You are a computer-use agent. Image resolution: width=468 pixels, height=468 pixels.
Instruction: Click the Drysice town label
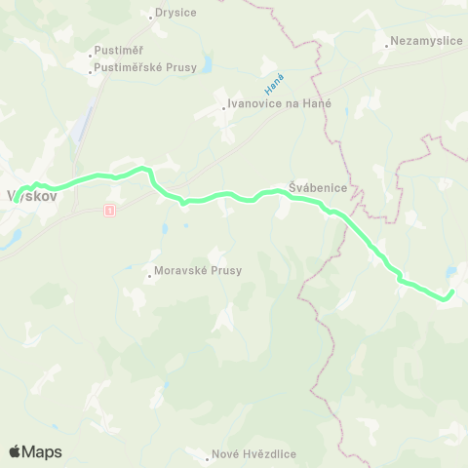(x=176, y=14)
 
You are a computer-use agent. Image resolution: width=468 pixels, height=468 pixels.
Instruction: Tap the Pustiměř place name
(x=117, y=52)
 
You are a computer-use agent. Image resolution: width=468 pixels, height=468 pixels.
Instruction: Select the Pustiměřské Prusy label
(x=146, y=67)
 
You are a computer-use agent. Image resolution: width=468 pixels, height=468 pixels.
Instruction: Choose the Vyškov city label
(x=32, y=194)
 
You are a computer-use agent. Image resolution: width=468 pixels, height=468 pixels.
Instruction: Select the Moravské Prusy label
(x=198, y=271)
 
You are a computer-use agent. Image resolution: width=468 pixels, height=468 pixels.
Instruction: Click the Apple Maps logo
(x=35, y=451)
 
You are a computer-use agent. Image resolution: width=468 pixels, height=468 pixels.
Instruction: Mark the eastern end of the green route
(x=452, y=292)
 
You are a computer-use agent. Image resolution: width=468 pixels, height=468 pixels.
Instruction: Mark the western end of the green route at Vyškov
(x=18, y=193)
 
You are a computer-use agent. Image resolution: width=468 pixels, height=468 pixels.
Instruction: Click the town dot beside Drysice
(x=149, y=15)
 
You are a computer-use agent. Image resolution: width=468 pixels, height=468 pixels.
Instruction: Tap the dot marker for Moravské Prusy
(x=149, y=276)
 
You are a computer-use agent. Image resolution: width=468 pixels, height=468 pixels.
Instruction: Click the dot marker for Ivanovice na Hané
(x=223, y=108)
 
